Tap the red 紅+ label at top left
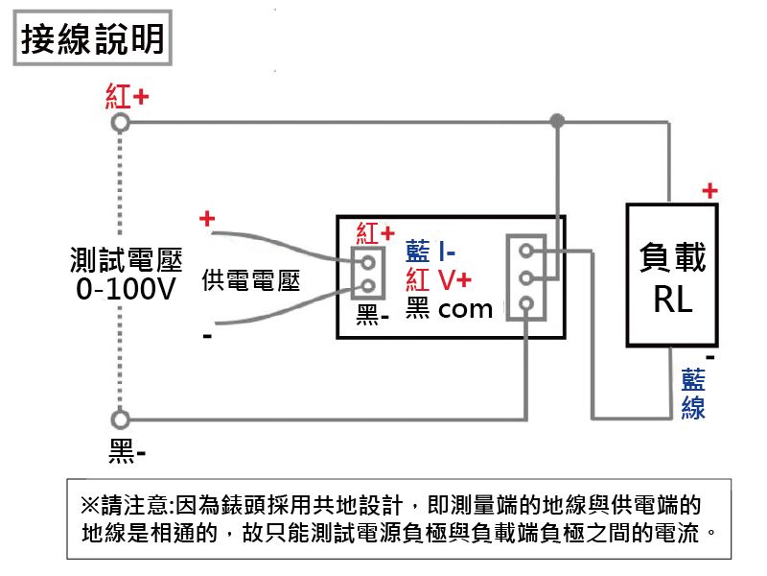(127, 98)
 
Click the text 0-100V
(127, 288)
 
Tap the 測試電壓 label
(127, 258)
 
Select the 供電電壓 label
(251, 281)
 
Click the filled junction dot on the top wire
(557, 122)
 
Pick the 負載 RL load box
(672, 275)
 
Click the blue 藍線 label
(693, 394)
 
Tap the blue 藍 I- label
(430, 252)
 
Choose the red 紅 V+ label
(438, 280)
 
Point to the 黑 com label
(448, 308)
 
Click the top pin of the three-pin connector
(525, 252)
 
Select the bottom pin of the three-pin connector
(525, 306)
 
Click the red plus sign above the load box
(709, 191)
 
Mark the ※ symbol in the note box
(91, 504)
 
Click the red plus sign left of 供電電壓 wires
(206, 220)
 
